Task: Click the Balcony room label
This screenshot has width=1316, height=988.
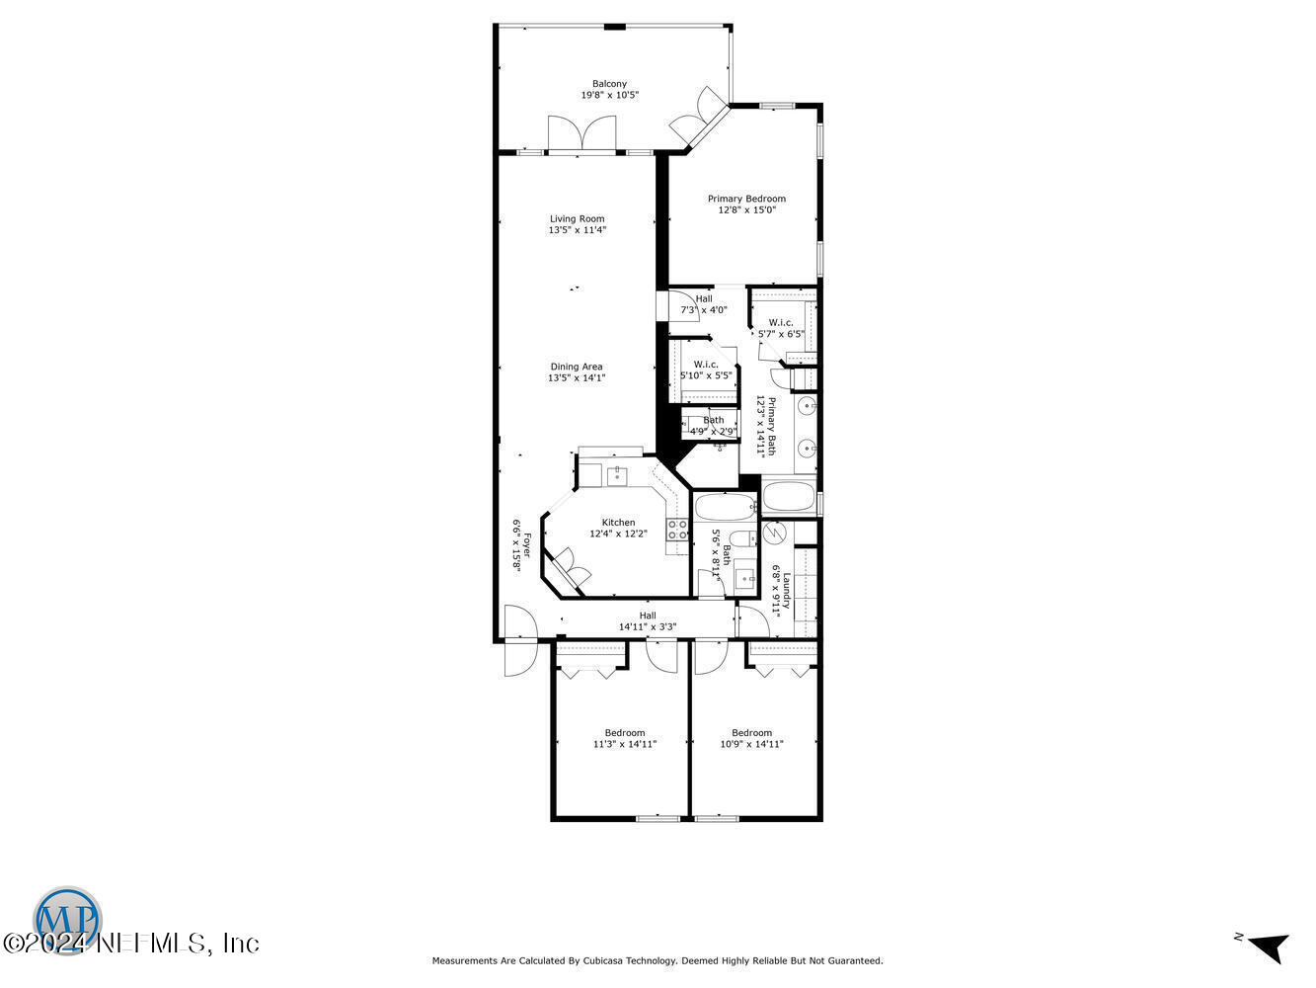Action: pyautogui.click(x=609, y=84)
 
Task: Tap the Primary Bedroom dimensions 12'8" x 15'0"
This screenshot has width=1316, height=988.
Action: pyautogui.click(x=746, y=209)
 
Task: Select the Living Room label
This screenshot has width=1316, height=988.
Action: pyautogui.click(x=578, y=218)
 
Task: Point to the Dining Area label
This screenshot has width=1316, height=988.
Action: pyautogui.click(x=577, y=367)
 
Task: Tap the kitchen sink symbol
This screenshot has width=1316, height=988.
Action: pyautogui.click(x=617, y=476)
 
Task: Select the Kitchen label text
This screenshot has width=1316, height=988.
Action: pyautogui.click(x=619, y=523)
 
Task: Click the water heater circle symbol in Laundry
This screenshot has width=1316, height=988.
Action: pyautogui.click(x=774, y=534)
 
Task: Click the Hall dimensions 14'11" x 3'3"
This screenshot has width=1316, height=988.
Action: pyautogui.click(x=648, y=626)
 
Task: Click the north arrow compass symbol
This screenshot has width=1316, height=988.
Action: pyautogui.click(x=1267, y=945)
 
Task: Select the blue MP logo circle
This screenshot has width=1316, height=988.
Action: pyautogui.click(x=68, y=917)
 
